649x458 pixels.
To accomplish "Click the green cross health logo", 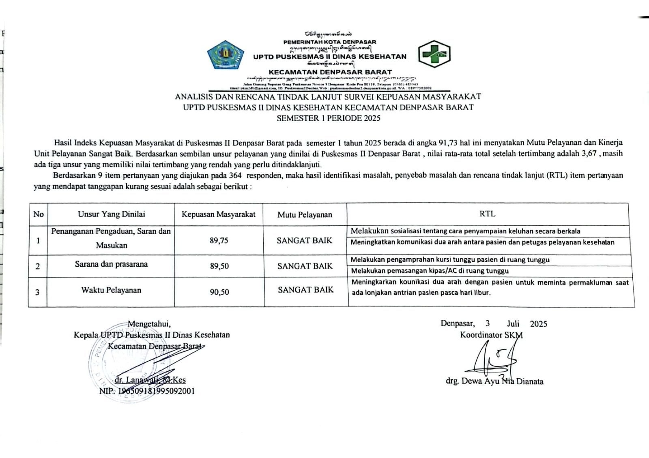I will [434, 54].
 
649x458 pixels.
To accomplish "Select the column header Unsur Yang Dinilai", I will [111, 214].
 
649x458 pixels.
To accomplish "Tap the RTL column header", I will [487, 214].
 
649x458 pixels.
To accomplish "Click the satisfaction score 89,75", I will [219, 240].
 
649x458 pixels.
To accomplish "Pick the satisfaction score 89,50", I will [219, 266].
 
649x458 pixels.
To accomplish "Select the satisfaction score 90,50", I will [219, 292].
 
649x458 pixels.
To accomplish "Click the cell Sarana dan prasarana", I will [111, 264].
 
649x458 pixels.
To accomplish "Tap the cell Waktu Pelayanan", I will [111, 290].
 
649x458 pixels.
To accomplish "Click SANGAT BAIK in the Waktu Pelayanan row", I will [305, 290].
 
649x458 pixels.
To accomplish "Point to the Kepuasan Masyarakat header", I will [218, 214].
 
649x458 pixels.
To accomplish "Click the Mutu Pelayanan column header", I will [305, 214].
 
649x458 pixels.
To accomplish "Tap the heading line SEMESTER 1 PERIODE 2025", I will [328, 118].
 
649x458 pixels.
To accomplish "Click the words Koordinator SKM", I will [491, 335].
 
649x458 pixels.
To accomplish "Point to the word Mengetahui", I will [149, 324].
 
